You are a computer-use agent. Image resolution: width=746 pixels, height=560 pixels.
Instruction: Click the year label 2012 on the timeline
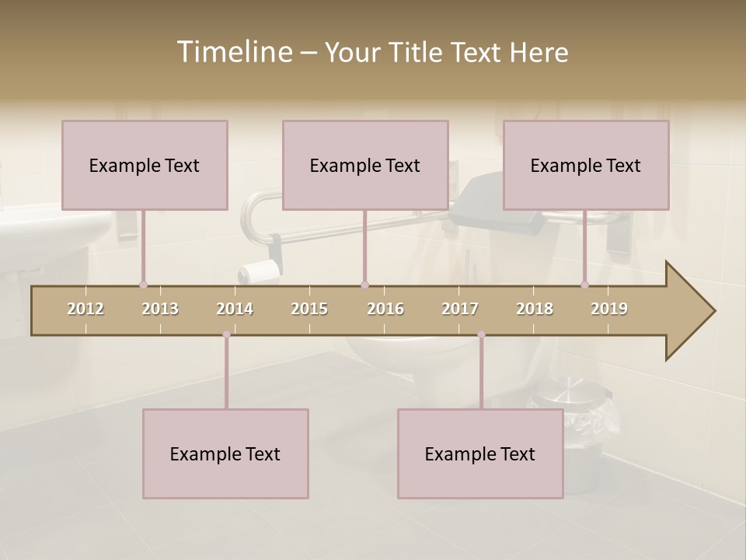click(x=85, y=309)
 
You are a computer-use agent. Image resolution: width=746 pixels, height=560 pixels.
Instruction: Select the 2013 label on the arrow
click(x=160, y=309)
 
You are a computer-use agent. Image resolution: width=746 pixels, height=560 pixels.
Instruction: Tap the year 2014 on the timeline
click(x=235, y=309)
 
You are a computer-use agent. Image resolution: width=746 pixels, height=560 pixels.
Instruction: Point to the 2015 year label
click(x=309, y=309)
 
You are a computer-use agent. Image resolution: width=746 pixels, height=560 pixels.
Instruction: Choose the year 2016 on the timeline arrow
click(x=385, y=309)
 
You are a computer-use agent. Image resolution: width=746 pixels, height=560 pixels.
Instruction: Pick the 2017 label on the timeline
click(x=460, y=309)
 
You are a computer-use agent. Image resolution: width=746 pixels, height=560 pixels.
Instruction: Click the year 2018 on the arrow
click(x=535, y=309)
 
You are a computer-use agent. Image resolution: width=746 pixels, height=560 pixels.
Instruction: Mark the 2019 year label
click(x=609, y=309)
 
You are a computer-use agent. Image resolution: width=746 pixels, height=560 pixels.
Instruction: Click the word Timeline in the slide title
click(x=233, y=52)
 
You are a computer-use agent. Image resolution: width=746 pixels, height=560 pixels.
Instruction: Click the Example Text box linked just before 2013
click(x=145, y=165)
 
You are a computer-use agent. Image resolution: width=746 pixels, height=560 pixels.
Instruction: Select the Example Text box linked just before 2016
click(x=365, y=165)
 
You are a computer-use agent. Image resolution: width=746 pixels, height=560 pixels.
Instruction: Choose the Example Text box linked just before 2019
click(x=586, y=165)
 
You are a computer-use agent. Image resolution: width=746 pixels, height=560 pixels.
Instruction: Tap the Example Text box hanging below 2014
click(x=225, y=453)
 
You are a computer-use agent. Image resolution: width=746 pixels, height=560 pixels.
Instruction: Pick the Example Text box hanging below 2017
click(x=480, y=453)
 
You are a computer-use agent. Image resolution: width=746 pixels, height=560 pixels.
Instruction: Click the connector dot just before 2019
click(x=585, y=285)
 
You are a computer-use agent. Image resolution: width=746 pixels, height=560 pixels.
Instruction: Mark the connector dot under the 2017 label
click(x=481, y=334)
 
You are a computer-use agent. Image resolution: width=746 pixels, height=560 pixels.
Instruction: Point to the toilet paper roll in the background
click(x=259, y=271)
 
